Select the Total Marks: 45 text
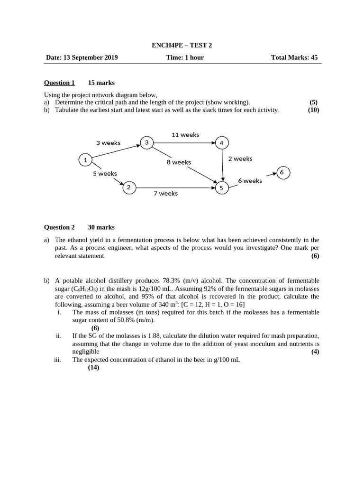[294, 58]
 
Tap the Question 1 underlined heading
[59, 83]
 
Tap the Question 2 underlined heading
[59, 227]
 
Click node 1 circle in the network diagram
[85, 160]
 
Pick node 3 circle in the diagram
[146, 142]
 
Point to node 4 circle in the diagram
[221, 143]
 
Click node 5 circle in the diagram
[221, 188]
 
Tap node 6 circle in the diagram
[282, 172]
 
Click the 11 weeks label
[185, 135]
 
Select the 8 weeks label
[179, 162]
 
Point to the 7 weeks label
[165, 194]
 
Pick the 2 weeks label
[240, 159]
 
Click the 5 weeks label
[105, 174]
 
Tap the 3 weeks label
[108, 143]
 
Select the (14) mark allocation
[93, 367]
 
